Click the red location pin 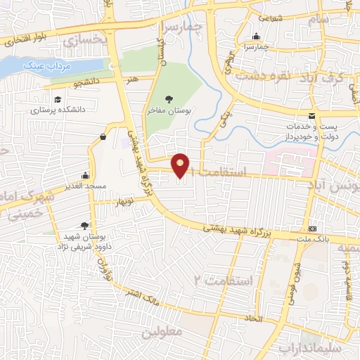point(181,165)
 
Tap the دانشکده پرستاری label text point(57,110)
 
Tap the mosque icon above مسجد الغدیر point(86,175)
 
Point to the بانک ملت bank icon point(312,229)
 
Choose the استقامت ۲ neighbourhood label point(224,281)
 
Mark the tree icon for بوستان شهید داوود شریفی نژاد point(85,224)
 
